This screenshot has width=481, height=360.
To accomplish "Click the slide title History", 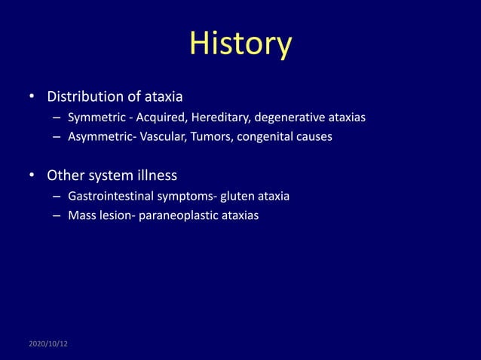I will coord(240,44).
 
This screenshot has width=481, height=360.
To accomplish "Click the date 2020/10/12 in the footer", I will coord(47,343).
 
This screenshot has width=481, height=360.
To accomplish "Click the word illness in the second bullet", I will coord(155,175).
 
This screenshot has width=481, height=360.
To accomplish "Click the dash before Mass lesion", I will coord(57,215).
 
